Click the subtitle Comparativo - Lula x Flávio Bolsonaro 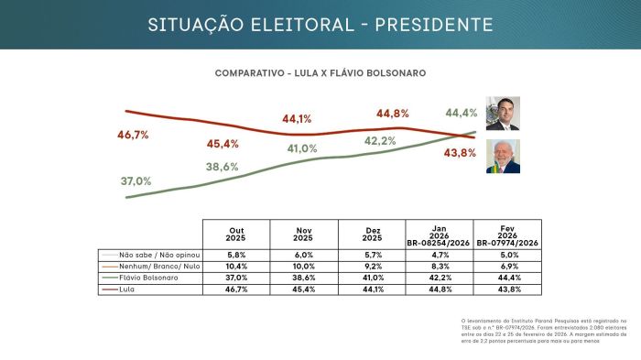(320, 72)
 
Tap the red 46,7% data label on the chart (133, 135)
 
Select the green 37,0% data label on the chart (136, 180)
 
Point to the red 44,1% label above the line (297, 119)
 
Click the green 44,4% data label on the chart (461, 113)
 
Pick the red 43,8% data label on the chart (460, 153)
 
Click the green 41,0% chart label (302, 148)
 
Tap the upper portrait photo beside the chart (502, 115)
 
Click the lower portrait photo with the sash (502, 157)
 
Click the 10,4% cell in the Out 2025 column (235, 265)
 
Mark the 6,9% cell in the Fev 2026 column (507, 265)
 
